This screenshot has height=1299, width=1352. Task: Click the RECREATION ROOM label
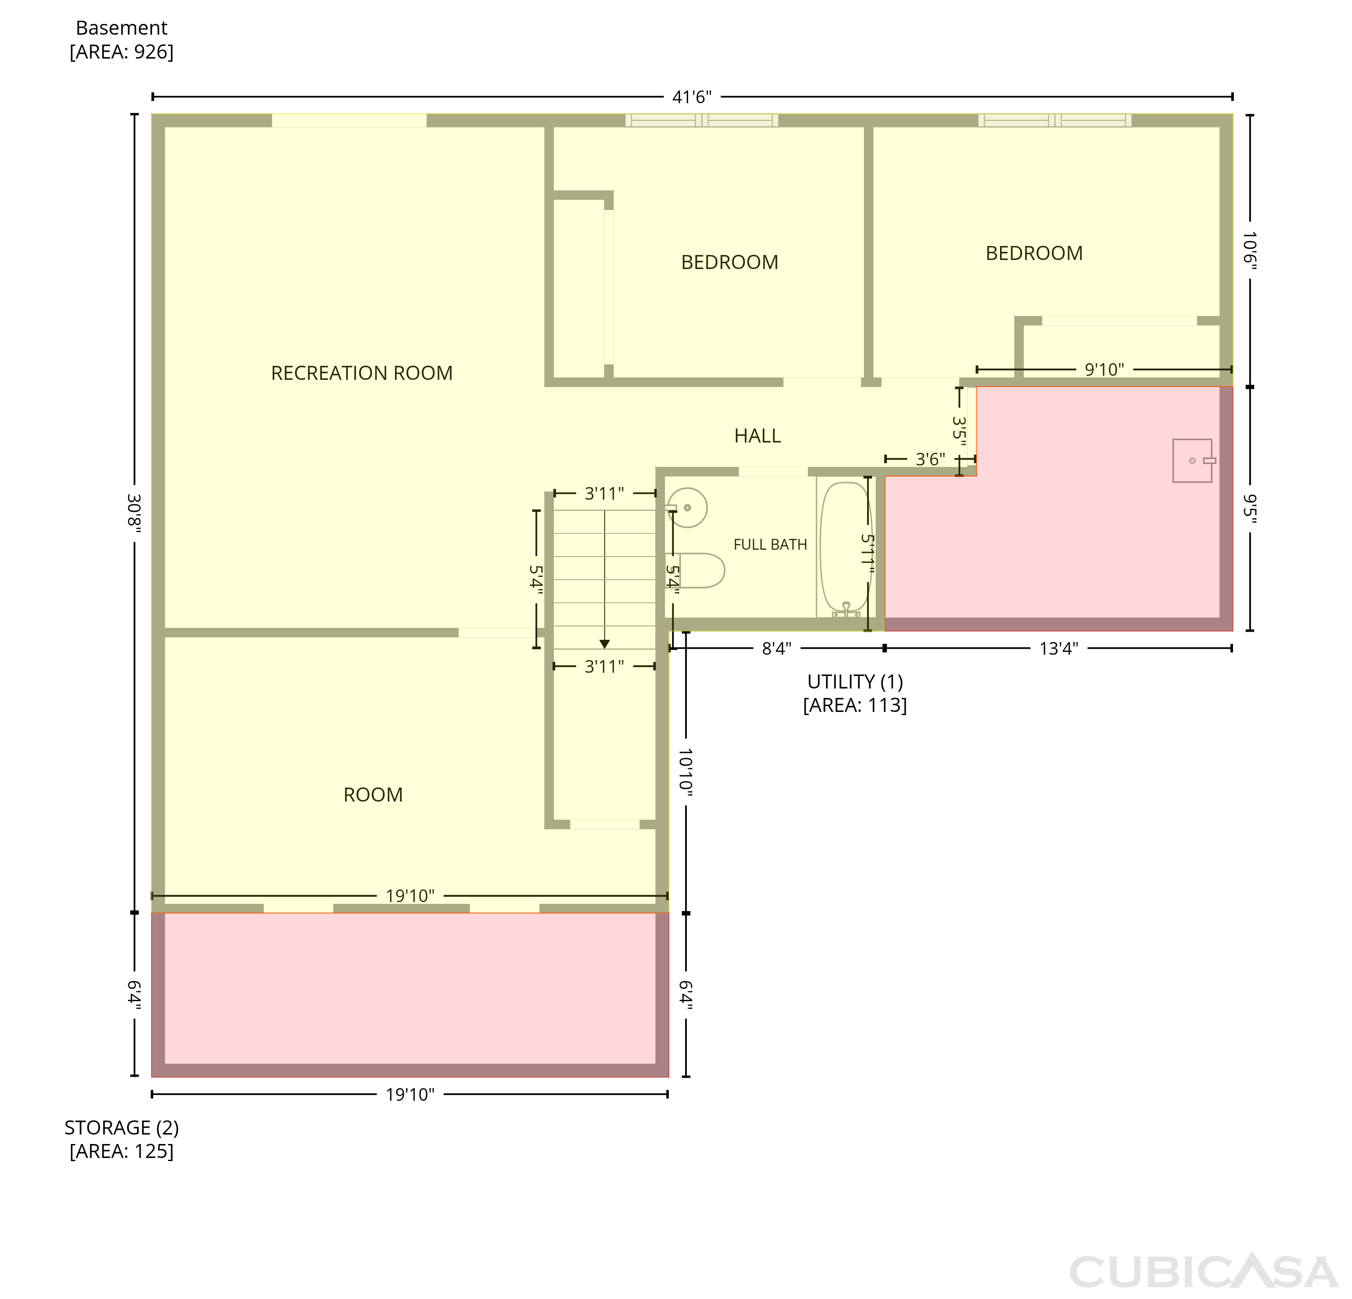click(x=361, y=373)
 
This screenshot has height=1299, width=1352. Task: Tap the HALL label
click(x=758, y=436)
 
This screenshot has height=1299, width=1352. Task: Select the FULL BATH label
click(x=770, y=545)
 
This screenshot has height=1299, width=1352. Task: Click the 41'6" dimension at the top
click(x=692, y=97)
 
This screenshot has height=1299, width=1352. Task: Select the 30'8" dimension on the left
click(x=134, y=510)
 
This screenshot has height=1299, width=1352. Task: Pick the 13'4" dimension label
click(x=1059, y=649)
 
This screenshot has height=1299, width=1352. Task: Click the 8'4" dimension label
click(x=776, y=649)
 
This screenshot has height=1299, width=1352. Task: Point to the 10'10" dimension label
click(x=685, y=773)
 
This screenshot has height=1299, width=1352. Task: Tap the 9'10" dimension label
click(x=1104, y=369)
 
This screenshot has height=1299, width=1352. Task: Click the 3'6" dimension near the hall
click(x=930, y=459)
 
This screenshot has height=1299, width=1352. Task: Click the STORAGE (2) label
click(x=121, y=1128)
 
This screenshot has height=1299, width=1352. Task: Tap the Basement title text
click(x=121, y=28)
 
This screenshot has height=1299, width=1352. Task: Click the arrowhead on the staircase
click(x=604, y=644)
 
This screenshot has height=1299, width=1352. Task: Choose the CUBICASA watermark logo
click(x=1204, y=1272)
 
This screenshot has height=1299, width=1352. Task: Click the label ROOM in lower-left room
click(x=373, y=795)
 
